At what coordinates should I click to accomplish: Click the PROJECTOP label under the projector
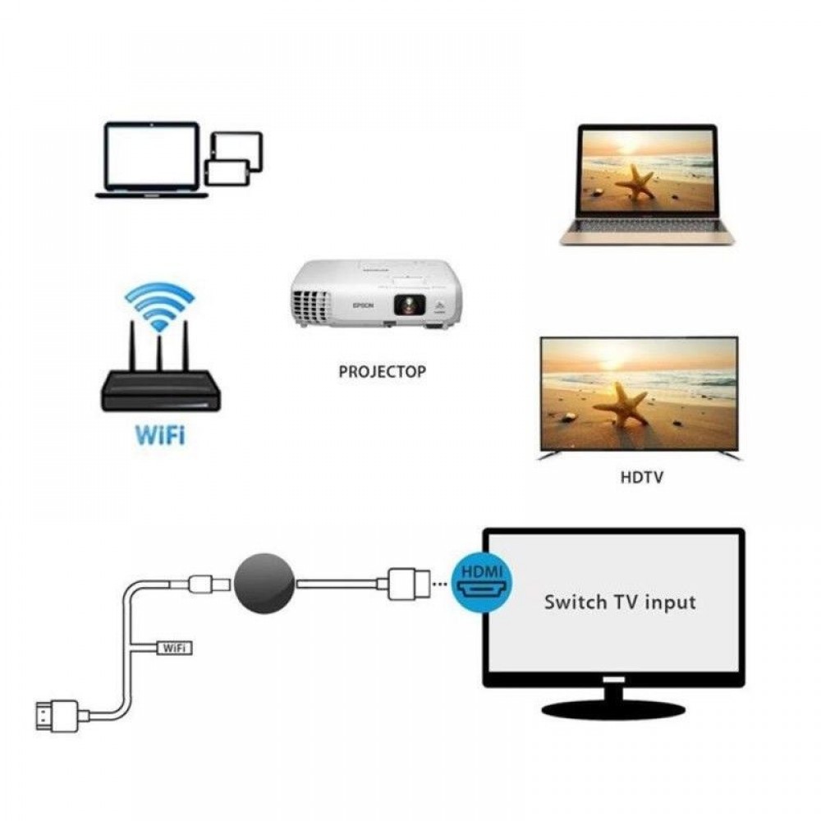click(x=383, y=371)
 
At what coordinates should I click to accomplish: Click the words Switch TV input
click(x=620, y=602)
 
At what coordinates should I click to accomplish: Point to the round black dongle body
click(x=264, y=581)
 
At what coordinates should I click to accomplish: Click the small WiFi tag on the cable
click(x=173, y=648)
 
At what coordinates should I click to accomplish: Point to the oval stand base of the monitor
click(x=613, y=709)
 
